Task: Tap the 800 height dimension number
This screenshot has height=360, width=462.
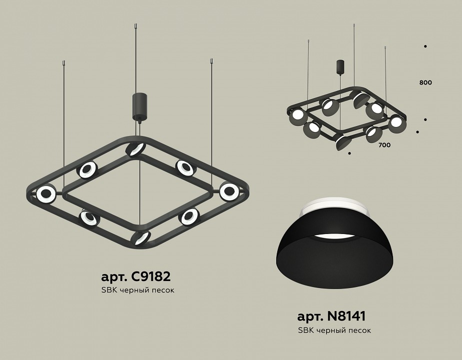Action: tap(426, 82)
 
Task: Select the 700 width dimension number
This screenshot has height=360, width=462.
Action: tap(384, 145)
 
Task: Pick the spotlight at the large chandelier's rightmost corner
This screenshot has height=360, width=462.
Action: tap(229, 190)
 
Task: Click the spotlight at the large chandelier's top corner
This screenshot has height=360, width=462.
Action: tap(135, 149)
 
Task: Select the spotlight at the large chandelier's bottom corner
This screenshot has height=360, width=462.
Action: tap(141, 237)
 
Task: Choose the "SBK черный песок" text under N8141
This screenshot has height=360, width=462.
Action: tap(334, 330)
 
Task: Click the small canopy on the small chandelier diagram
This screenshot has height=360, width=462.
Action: tap(340, 67)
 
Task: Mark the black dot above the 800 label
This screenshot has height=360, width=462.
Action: tap(425, 46)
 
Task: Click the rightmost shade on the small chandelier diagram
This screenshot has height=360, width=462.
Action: tap(396, 122)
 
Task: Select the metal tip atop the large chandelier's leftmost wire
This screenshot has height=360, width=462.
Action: tap(63, 63)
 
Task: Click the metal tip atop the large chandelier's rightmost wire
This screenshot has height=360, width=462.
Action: tap(212, 62)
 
